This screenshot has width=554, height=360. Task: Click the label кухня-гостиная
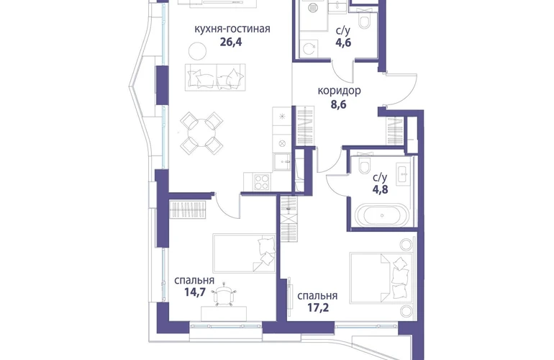click(x=232, y=29)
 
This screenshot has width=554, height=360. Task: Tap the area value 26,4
click(x=231, y=42)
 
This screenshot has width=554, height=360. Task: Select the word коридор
click(x=339, y=91)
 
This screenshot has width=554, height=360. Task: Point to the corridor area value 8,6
click(x=338, y=104)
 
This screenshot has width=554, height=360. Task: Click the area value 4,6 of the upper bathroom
click(x=343, y=43)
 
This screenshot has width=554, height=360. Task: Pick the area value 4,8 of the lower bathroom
click(x=380, y=189)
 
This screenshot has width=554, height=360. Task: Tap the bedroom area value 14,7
click(x=195, y=292)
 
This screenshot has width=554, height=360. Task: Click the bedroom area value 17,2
click(x=318, y=307)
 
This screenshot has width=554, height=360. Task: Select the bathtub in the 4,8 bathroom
click(x=381, y=215)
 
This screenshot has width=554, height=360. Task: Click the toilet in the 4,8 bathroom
click(x=364, y=163)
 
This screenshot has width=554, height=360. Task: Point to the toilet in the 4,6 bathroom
click(x=363, y=19)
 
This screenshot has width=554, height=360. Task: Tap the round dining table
click(x=201, y=133)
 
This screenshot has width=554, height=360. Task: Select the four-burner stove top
click(x=261, y=182)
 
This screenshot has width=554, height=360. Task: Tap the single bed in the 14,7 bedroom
click(x=244, y=253)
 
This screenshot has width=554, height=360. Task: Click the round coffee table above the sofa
click(x=198, y=51)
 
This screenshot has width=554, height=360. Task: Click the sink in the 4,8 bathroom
click(x=403, y=173)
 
